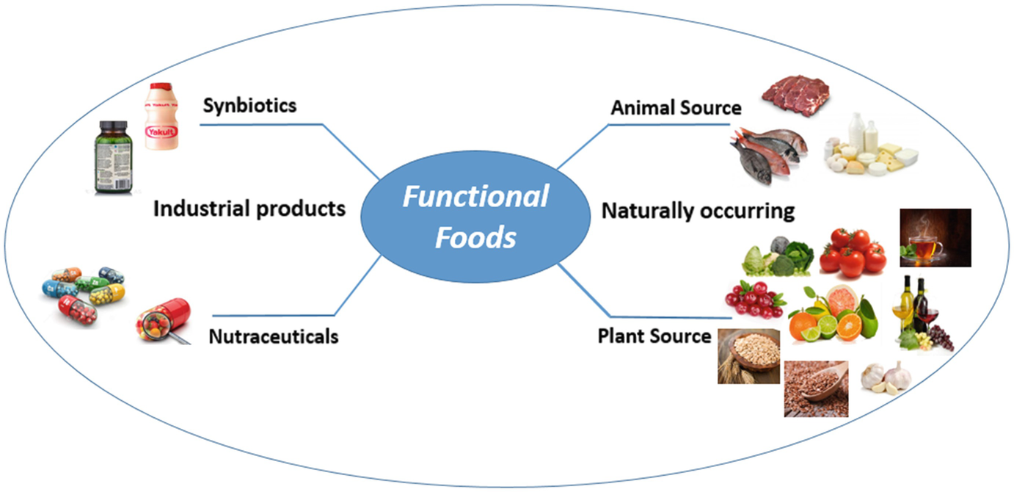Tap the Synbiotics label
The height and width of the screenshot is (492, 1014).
coord(249,106)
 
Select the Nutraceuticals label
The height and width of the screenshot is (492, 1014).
coord(274,337)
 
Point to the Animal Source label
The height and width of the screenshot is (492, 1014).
coord(676,108)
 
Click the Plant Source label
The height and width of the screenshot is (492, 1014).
coord(654,336)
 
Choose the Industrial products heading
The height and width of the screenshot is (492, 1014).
coord(249,209)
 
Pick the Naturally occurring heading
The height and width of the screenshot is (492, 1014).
coord(698,211)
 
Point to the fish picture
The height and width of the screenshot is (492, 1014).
coord(767,151)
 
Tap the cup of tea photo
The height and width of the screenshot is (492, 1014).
coord(934,237)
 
